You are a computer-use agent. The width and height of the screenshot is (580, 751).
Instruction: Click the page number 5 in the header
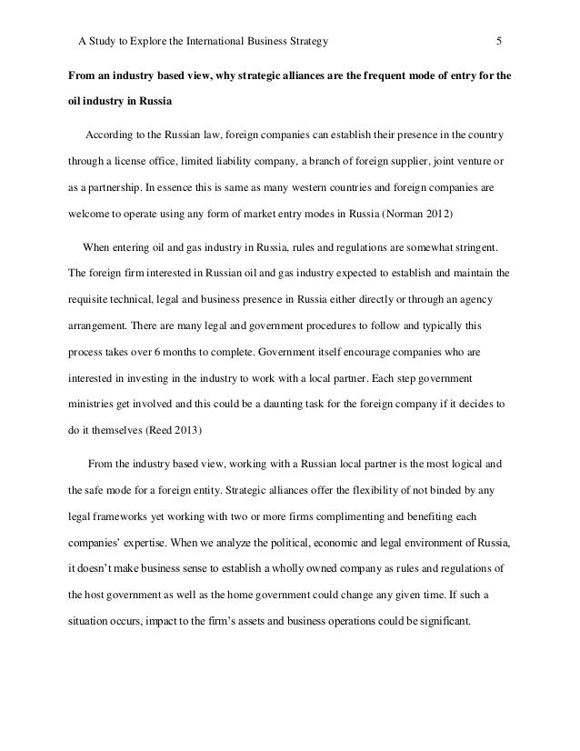[x=499, y=41]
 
